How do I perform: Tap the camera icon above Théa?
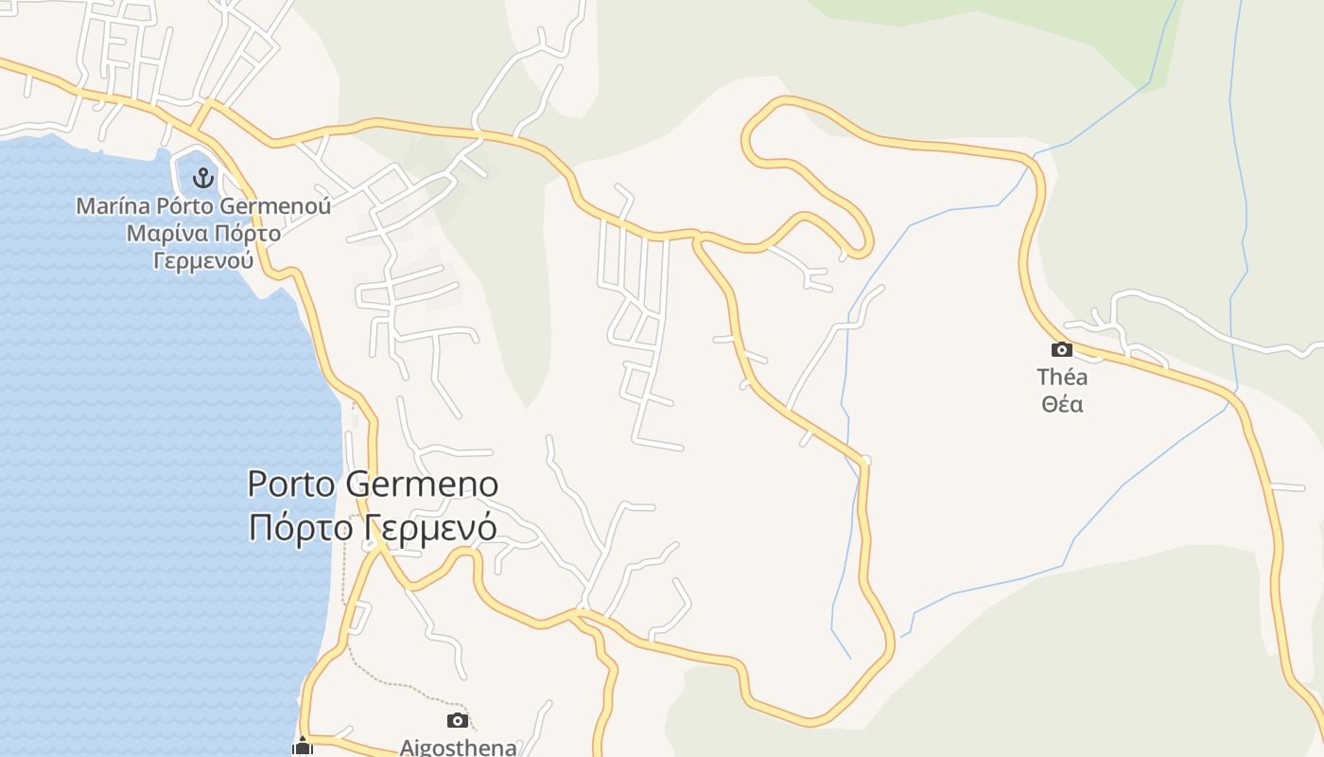click(1062, 349)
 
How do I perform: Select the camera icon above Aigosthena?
click(458, 721)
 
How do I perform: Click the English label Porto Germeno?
click(373, 484)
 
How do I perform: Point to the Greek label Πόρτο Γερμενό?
click(373, 527)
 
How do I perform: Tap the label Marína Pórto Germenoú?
click(203, 205)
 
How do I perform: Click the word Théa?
click(1062, 378)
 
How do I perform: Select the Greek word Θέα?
click(1062, 405)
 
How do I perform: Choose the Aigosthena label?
click(458, 748)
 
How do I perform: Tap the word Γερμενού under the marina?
click(203, 260)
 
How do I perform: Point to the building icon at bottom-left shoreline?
click(303, 747)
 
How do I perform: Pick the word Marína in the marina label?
click(111, 205)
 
